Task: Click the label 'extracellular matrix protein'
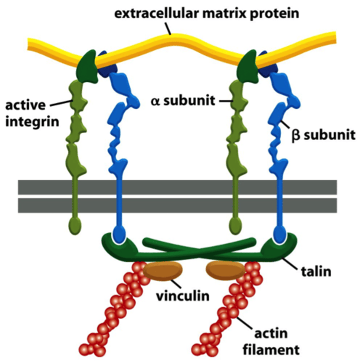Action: click(206, 14)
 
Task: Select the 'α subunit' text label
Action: click(183, 101)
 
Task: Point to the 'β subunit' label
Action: click(323, 135)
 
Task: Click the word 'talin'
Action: click(316, 271)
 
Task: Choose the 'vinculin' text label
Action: click(182, 295)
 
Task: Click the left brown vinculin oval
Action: click(163, 271)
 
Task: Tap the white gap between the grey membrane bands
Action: click(177, 196)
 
